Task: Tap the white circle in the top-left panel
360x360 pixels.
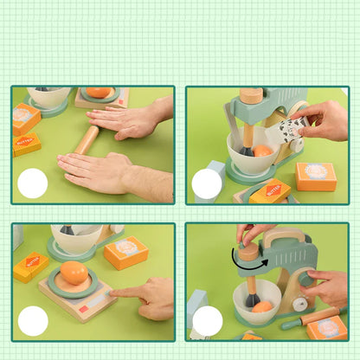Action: [x=33, y=183]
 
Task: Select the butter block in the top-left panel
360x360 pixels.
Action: [x=26, y=144]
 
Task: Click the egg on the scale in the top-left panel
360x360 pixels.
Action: [x=100, y=92]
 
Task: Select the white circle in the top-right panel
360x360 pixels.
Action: [x=207, y=183]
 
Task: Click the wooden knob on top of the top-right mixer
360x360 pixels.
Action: [x=251, y=95]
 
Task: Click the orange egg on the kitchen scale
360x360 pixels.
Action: [x=74, y=273]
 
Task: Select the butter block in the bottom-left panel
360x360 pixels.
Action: [x=31, y=266]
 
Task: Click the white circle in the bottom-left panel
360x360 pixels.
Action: [x=33, y=321]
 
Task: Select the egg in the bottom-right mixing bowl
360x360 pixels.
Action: [x=262, y=306]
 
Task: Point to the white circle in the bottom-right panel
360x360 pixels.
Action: [x=207, y=321]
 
